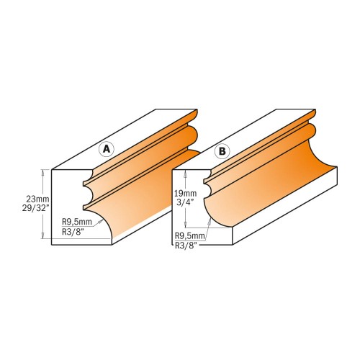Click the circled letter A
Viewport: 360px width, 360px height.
click(107, 149)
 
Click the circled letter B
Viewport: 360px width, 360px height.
click(222, 151)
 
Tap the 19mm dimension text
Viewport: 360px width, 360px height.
click(186, 194)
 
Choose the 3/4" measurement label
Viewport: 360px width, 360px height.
click(186, 204)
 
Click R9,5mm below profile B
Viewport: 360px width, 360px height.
click(190, 235)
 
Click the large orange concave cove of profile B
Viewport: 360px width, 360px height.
click(274, 187)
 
